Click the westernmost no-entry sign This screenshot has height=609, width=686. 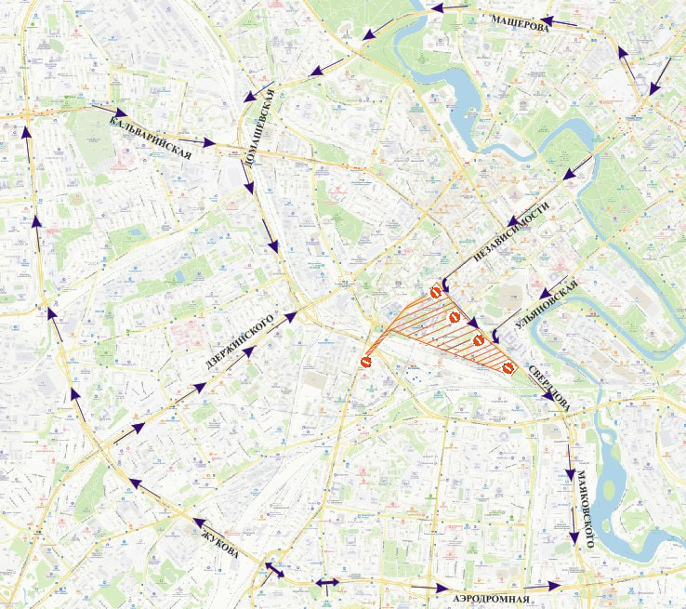tap(367, 362)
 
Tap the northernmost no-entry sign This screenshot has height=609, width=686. tap(434, 293)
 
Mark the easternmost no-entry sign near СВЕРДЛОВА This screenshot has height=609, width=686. tap(508, 368)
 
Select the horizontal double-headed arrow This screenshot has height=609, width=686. tap(327, 583)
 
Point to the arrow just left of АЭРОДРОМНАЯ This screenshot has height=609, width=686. tap(429, 588)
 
